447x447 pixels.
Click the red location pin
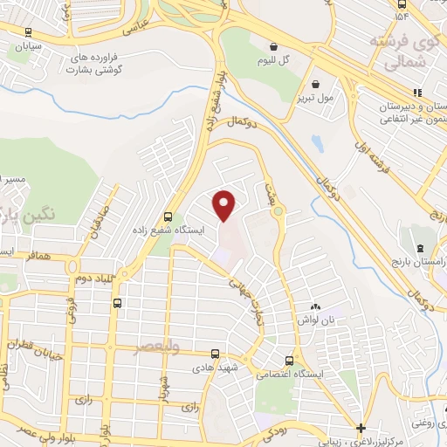click(225, 205)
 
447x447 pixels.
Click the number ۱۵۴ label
click(402, 17)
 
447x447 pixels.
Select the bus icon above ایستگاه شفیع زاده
click(168, 217)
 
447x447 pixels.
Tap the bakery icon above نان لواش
click(314, 307)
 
